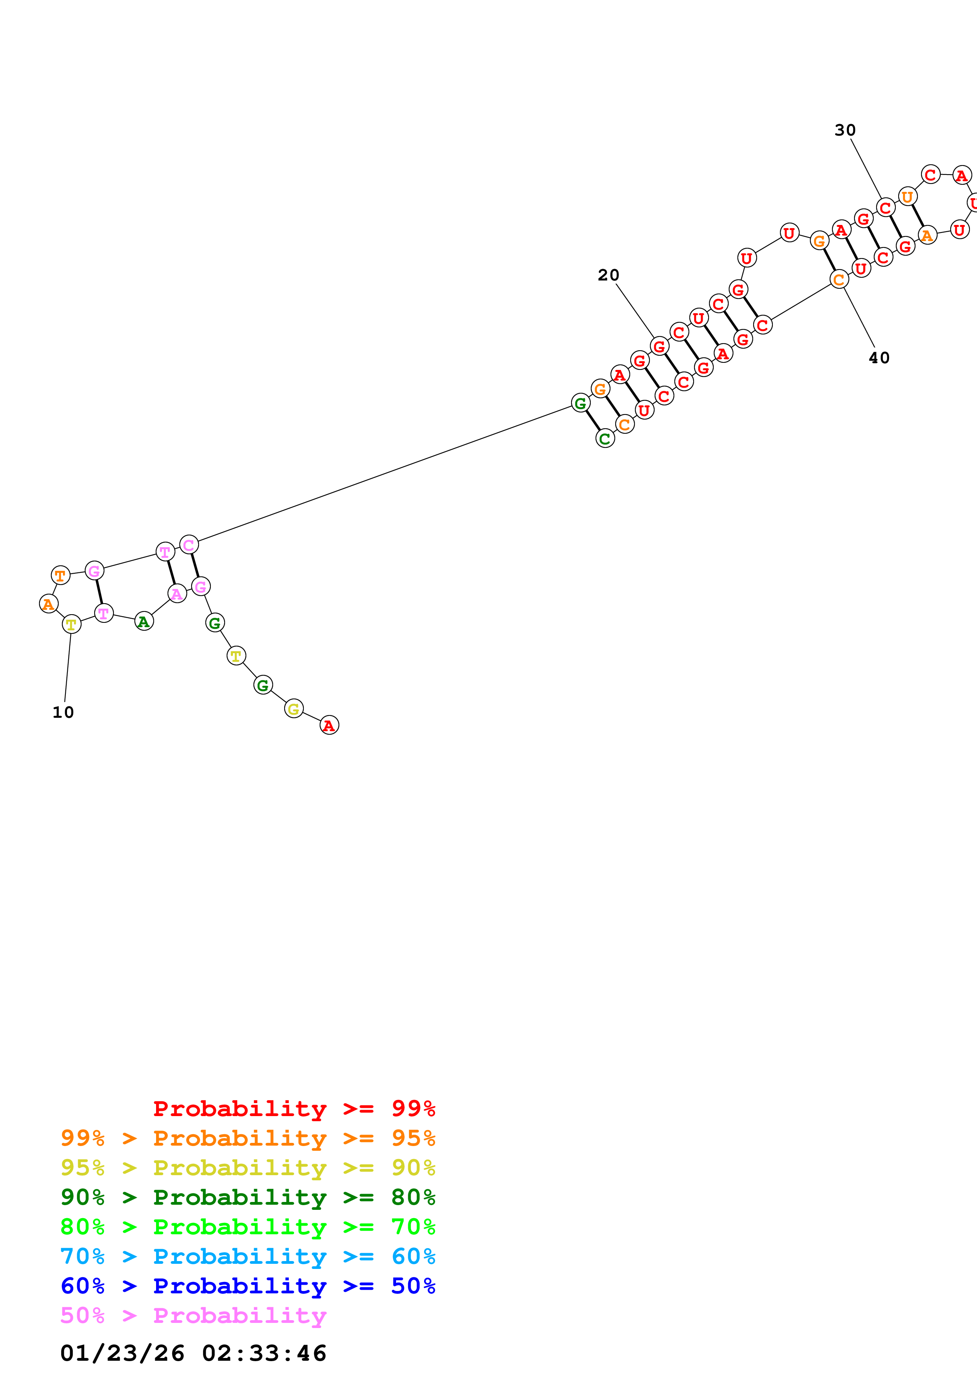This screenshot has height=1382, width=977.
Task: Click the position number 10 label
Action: click(x=63, y=713)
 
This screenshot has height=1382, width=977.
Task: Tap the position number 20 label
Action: click(x=608, y=275)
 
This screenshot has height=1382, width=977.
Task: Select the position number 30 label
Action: click(x=845, y=130)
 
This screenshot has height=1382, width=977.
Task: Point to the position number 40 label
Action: click(x=879, y=358)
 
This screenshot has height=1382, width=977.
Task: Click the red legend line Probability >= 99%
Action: click(x=294, y=1109)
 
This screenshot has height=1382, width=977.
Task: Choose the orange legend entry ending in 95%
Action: click(x=248, y=1138)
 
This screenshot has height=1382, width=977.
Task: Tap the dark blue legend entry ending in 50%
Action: click(x=248, y=1286)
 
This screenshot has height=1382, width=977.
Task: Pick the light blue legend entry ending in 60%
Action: click(x=248, y=1256)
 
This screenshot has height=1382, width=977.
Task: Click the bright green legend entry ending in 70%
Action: click(x=248, y=1227)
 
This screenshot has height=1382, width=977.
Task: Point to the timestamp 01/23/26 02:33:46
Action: click(x=193, y=1353)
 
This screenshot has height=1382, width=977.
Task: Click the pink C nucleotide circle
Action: click(x=189, y=545)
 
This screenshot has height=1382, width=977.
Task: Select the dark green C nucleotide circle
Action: click(x=605, y=439)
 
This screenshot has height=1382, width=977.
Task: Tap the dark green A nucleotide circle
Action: click(x=144, y=621)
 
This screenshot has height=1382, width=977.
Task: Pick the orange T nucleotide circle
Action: click(x=60, y=576)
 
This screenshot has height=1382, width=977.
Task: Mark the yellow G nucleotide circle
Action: click(x=294, y=709)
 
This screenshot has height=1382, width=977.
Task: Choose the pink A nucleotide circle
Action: click(x=177, y=594)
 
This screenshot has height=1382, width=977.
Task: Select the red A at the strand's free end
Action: click(x=329, y=725)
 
